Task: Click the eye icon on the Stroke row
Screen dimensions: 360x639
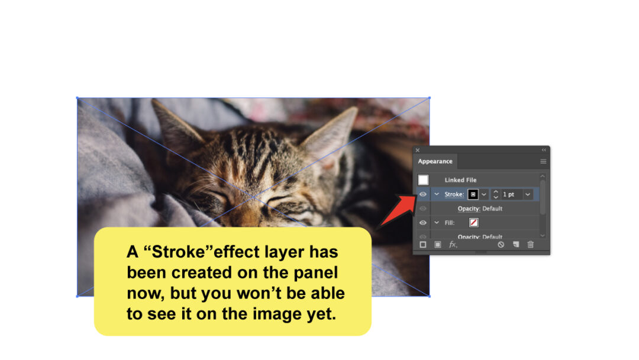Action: pos(423,194)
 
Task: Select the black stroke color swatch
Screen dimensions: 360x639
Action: pos(473,194)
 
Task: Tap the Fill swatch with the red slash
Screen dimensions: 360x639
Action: pos(473,223)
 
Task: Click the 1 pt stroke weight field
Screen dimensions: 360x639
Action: pos(509,194)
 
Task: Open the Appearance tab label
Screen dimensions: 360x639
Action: pos(435,161)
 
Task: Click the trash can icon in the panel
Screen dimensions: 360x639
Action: pos(531,245)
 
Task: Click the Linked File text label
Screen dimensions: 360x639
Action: pos(460,180)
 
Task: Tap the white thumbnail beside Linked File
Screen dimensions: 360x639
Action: pos(423,179)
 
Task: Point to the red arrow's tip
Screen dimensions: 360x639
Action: pos(414,195)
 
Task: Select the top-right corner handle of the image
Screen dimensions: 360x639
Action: pos(429,98)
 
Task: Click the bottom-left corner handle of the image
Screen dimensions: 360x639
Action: pos(77,296)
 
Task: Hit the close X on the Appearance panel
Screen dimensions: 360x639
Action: pos(417,150)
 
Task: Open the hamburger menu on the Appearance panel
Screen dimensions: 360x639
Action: pos(543,161)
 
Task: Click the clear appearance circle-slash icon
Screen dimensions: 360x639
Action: pos(501,245)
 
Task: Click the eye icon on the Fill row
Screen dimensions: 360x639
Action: pos(423,223)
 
